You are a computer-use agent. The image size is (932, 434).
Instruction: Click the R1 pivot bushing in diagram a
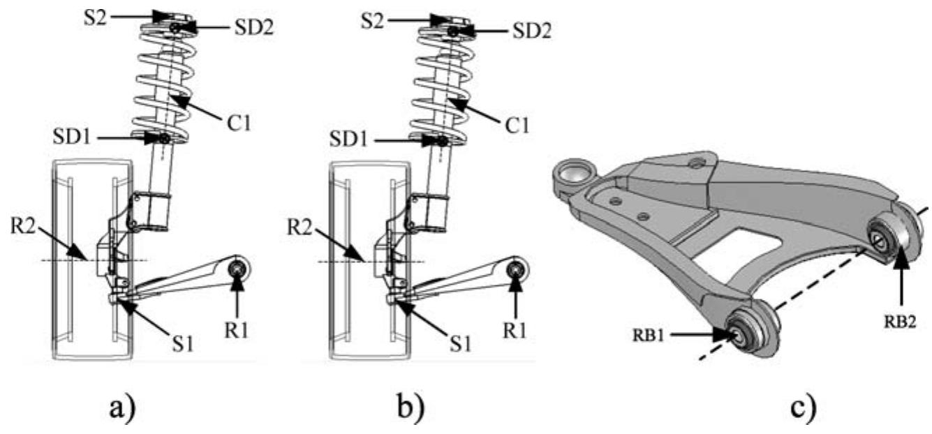click(239, 268)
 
